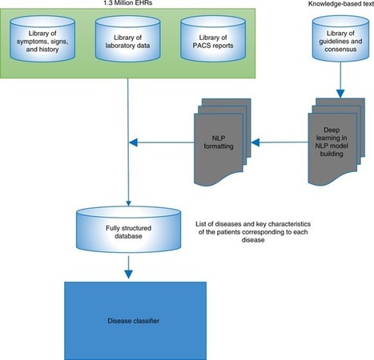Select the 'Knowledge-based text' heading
click(332, 5)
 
